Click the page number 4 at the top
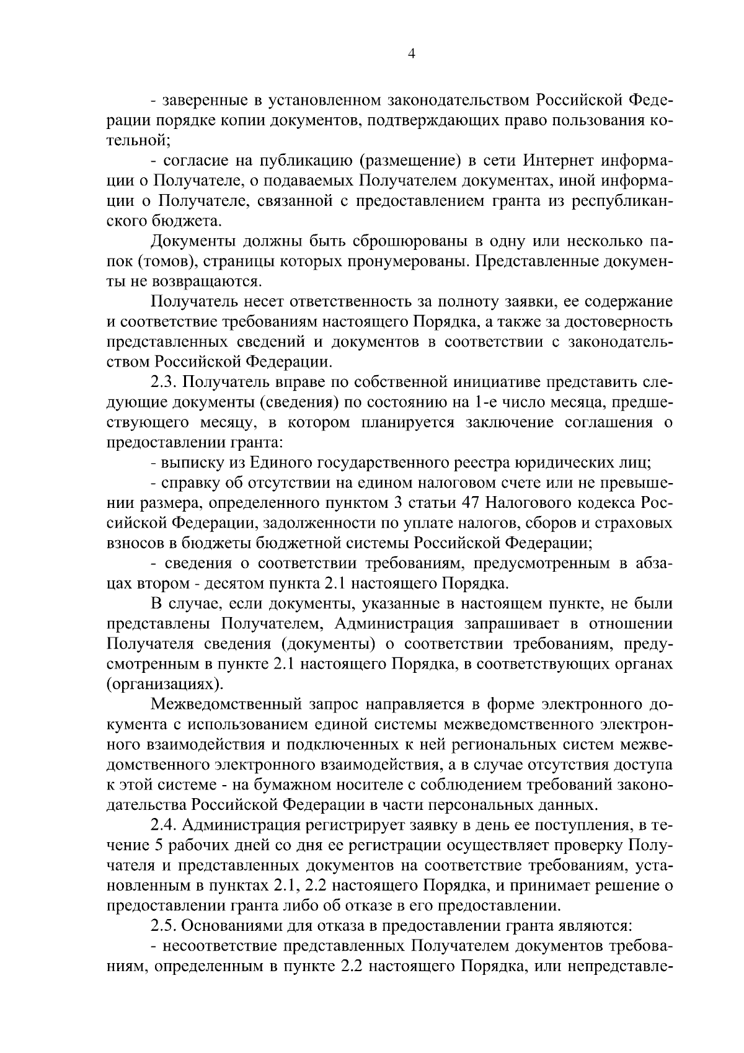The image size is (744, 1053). pos(411,54)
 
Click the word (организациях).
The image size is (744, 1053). pos(164,685)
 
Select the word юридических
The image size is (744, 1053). pos(566,463)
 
